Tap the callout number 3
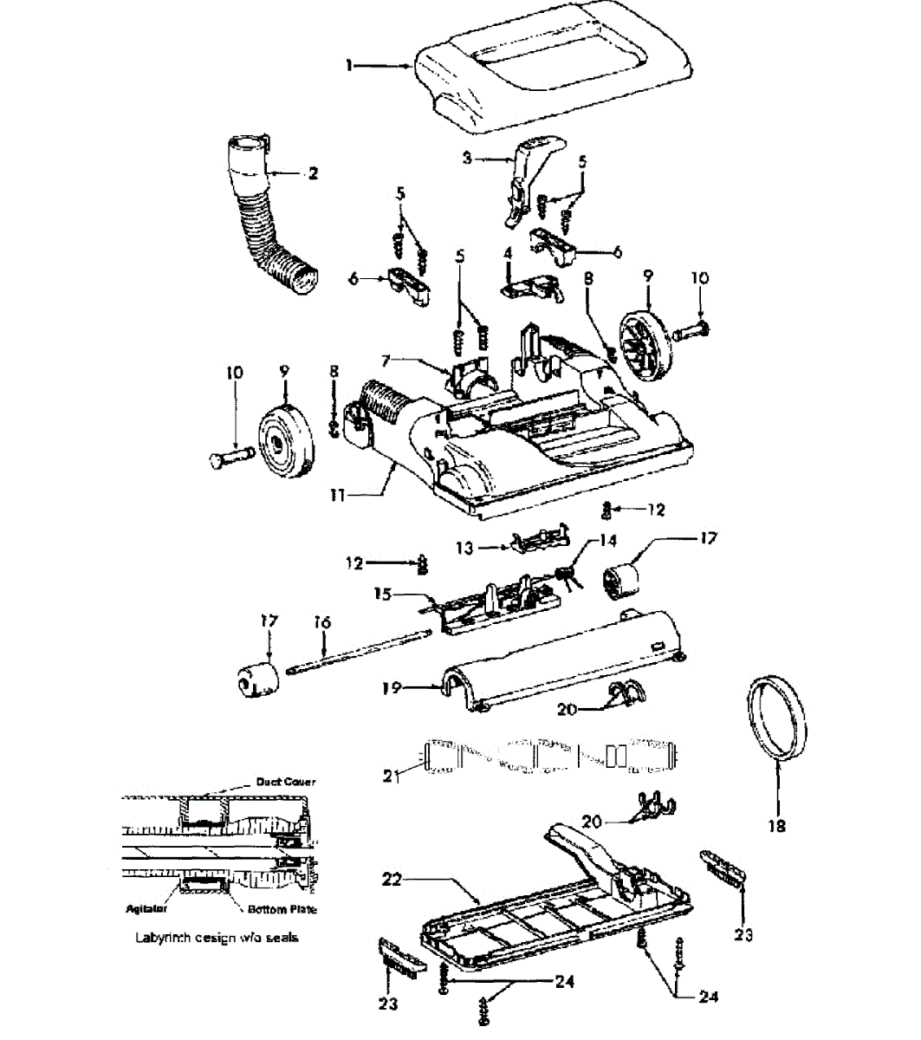point(467,159)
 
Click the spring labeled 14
point(564,574)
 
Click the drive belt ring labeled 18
point(771,719)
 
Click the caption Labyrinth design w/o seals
point(216,938)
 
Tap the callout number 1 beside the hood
point(349,66)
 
